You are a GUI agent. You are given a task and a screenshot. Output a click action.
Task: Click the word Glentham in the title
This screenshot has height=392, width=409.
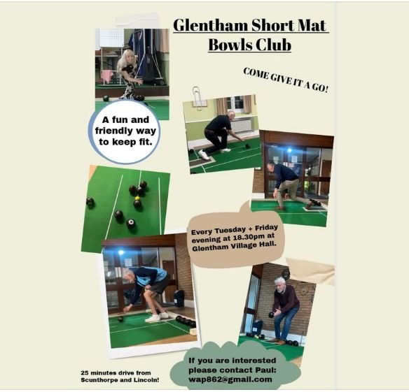[210, 26]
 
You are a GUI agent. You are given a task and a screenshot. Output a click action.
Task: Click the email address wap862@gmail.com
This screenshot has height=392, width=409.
[230, 379]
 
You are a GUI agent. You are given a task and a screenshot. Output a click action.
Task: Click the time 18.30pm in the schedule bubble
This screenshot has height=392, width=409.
[248, 238]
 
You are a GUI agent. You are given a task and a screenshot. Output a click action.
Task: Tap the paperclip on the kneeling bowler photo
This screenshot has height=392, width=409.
[197, 98]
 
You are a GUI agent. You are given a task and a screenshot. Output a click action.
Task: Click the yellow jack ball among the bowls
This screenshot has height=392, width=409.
[137, 198]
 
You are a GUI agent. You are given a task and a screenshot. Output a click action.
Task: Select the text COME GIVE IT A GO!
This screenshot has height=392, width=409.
[286, 80]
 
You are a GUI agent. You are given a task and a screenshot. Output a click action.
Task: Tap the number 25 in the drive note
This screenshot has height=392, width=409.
[84, 372]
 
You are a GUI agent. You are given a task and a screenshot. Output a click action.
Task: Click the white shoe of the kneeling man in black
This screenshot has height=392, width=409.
[204, 155]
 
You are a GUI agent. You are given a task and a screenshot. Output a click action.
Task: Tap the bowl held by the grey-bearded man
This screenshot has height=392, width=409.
[271, 314]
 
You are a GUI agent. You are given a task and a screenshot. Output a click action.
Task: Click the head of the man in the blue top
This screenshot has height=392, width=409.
[129, 275]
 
